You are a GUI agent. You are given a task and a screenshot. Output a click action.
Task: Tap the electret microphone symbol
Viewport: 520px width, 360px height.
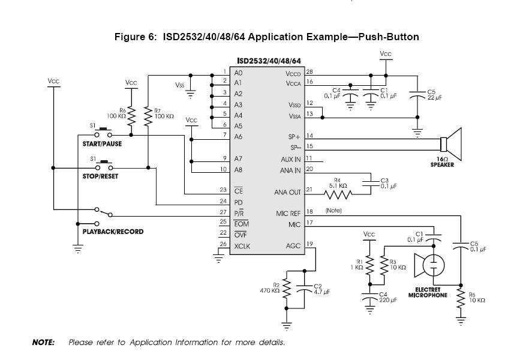[429, 265]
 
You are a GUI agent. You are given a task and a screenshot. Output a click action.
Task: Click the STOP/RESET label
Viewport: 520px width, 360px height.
[100, 177]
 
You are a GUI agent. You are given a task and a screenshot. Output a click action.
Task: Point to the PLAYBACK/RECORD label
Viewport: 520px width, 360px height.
[113, 231]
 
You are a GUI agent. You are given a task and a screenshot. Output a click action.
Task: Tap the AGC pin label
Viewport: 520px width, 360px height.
[293, 245]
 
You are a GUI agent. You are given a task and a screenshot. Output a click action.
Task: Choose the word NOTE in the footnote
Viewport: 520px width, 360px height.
[43, 343]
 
